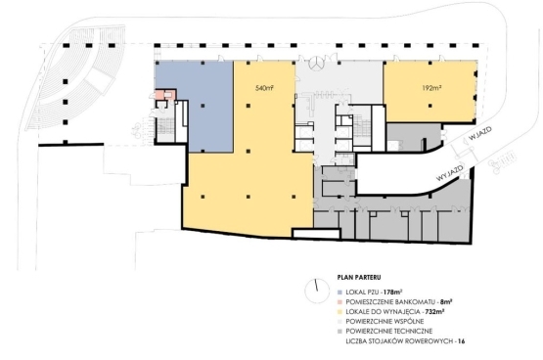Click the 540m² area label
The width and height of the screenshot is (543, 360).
264,88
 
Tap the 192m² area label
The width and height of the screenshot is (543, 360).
431,88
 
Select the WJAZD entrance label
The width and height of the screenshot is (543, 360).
479,134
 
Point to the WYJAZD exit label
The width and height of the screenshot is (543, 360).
449,172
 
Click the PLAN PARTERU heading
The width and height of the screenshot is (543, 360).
359,277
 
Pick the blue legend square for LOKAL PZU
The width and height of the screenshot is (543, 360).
339,292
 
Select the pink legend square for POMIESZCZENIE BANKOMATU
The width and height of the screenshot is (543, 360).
339,302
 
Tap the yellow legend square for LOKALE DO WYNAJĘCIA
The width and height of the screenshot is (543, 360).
339,311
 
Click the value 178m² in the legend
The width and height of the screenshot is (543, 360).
392,292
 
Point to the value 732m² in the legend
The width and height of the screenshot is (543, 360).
435,311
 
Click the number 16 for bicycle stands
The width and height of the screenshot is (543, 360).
461,341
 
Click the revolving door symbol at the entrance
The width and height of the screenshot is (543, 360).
316,64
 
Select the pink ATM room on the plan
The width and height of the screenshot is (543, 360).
164,95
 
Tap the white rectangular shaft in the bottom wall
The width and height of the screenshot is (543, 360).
315,234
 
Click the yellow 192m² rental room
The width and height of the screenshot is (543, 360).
430,92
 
